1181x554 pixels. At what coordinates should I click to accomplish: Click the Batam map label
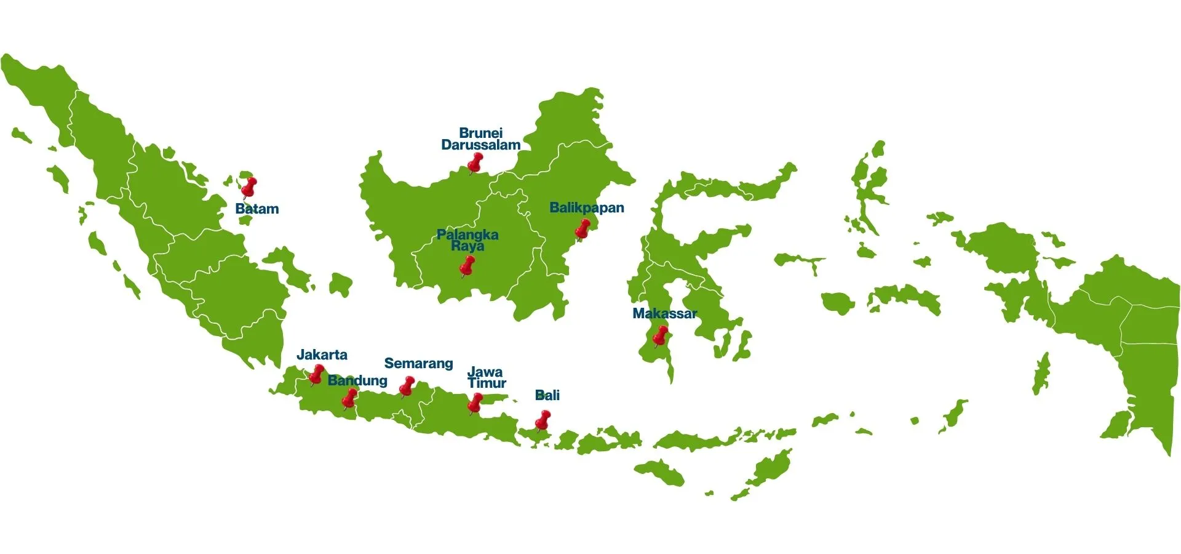pos(257,209)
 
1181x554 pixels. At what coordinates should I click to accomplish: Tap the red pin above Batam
pos(249,186)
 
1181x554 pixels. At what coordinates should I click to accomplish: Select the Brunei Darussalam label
pos(481,139)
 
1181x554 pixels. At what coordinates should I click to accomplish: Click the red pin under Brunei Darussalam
pos(475,163)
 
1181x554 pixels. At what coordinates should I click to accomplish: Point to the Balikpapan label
pos(587,208)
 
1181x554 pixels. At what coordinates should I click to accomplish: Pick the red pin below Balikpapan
pos(583,228)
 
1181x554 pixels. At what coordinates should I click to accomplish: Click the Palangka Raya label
pos(467,240)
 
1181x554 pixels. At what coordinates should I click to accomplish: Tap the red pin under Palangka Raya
pos(467,266)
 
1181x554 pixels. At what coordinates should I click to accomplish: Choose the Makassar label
pos(664,314)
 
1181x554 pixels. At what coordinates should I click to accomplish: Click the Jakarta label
pos(322,355)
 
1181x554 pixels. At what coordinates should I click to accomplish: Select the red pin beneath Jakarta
pos(317,373)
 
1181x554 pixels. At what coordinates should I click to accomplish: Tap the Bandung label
pos(357,380)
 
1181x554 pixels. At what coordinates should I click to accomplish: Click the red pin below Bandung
pos(349,398)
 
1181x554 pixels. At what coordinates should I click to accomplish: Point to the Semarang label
pos(418,364)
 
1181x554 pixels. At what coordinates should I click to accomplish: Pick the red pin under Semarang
pos(407,385)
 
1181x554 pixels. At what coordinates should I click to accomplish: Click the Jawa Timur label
pos(486,377)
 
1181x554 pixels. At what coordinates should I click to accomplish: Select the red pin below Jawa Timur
pos(475,403)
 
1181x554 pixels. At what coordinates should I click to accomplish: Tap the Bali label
pos(547,395)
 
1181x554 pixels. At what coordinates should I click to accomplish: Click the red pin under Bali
pos(543,420)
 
